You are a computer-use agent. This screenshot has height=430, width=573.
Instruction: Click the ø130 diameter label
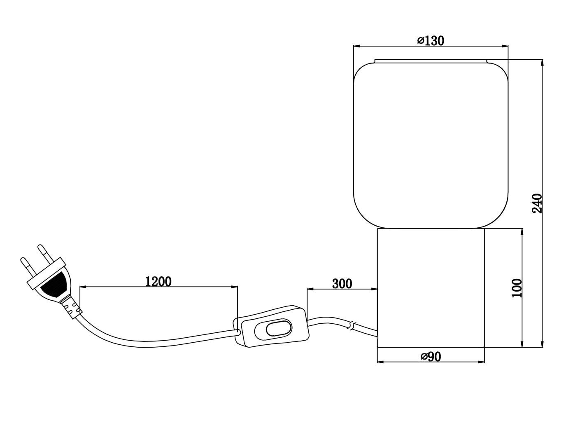[x=431, y=41]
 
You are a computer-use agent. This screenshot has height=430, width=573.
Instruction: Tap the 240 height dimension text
[x=537, y=203]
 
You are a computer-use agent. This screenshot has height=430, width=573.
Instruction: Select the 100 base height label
[x=517, y=288]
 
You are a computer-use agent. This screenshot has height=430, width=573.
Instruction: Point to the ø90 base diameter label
[x=431, y=356]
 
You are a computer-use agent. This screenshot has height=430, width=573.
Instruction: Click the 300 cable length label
[x=342, y=283]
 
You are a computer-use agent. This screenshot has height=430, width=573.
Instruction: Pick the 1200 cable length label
[x=158, y=281]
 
